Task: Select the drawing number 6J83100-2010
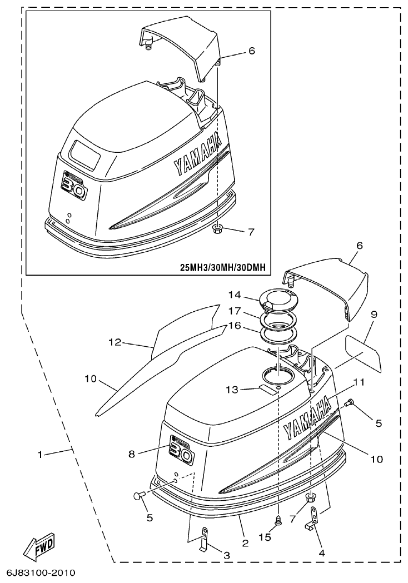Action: click(40, 572)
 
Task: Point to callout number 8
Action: click(132, 454)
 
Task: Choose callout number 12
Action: click(115, 343)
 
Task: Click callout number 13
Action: click(232, 390)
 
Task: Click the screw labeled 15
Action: click(277, 520)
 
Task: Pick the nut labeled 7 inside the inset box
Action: click(218, 228)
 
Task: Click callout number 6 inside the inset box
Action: click(251, 51)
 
